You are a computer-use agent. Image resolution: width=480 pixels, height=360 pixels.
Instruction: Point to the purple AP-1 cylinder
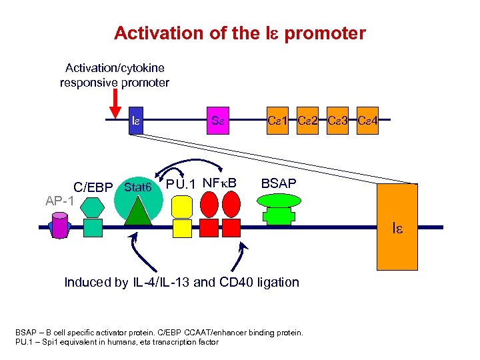61,225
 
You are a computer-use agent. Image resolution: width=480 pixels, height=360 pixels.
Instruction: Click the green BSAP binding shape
278,212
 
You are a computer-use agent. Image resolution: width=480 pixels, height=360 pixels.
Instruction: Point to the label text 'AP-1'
60,200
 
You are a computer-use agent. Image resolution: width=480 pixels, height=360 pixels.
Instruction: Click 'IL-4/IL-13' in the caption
163,282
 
